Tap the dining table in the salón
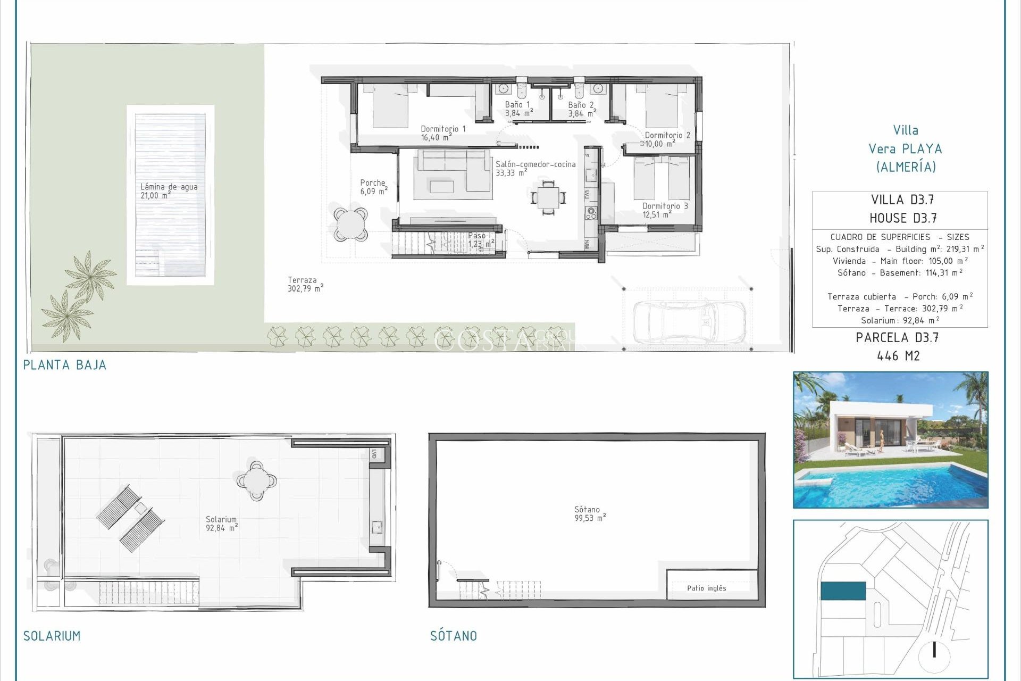pos(548,197)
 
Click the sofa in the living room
pos(453,170)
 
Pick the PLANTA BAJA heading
pos(64,365)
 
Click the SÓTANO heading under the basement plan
pos(453,636)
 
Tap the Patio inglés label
pos(706,588)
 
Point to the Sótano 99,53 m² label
pos(589,514)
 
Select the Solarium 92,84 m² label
pos(221,524)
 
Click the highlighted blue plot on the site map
pos(843,591)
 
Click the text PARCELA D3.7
pos(897,338)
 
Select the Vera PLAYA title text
pos(905,149)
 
